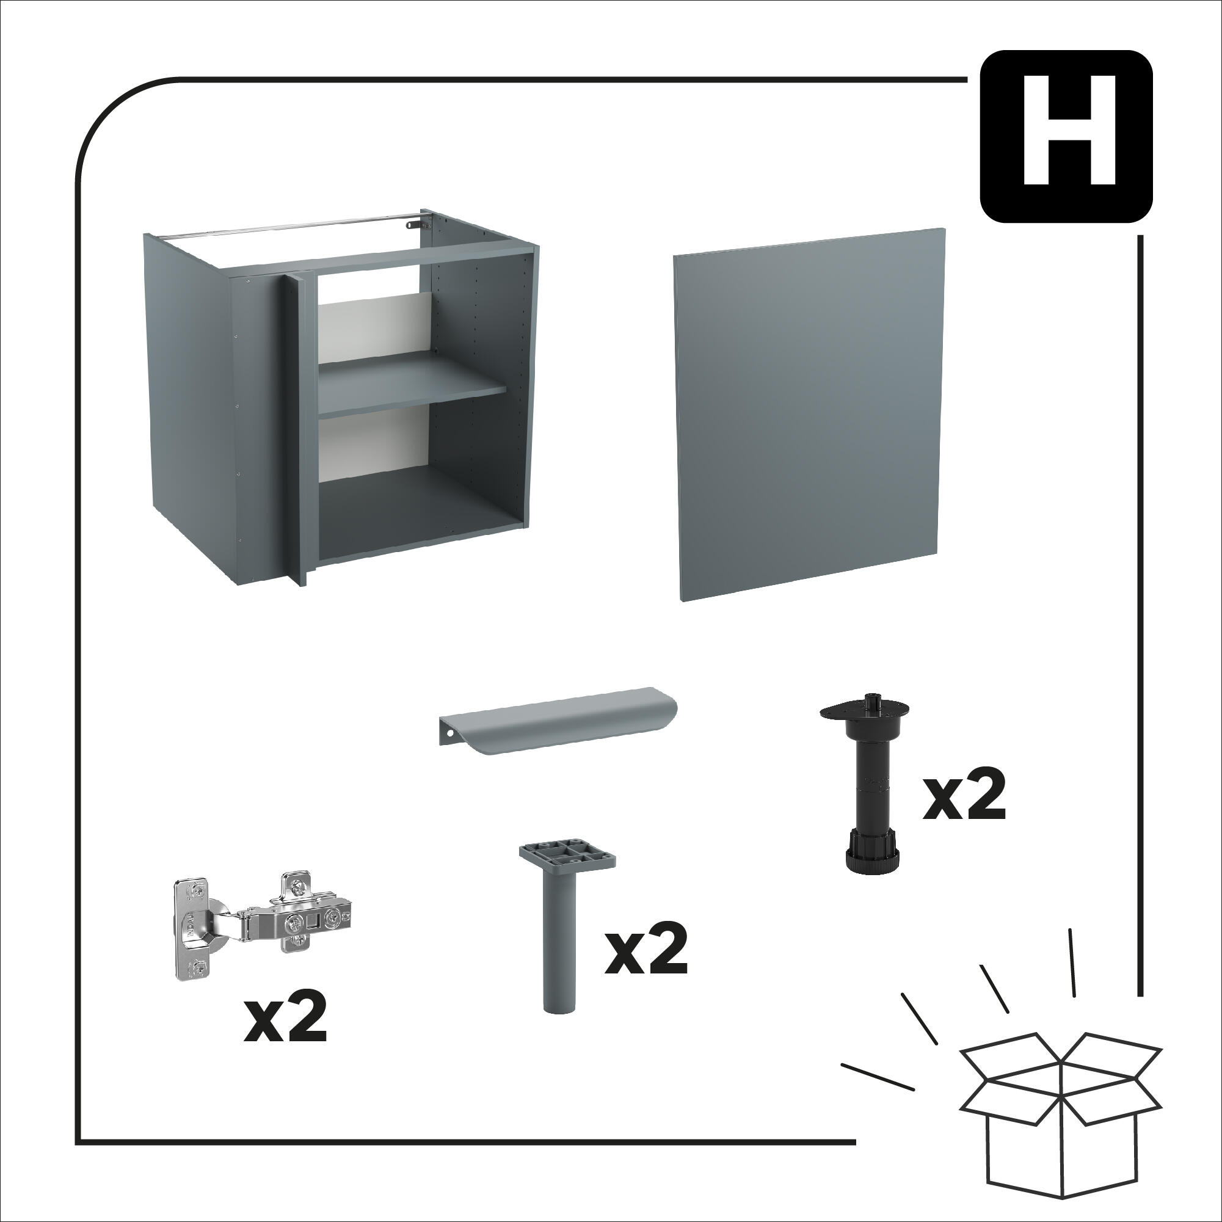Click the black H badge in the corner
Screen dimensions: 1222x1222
click(1066, 136)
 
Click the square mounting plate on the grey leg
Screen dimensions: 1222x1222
click(567, 855)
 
